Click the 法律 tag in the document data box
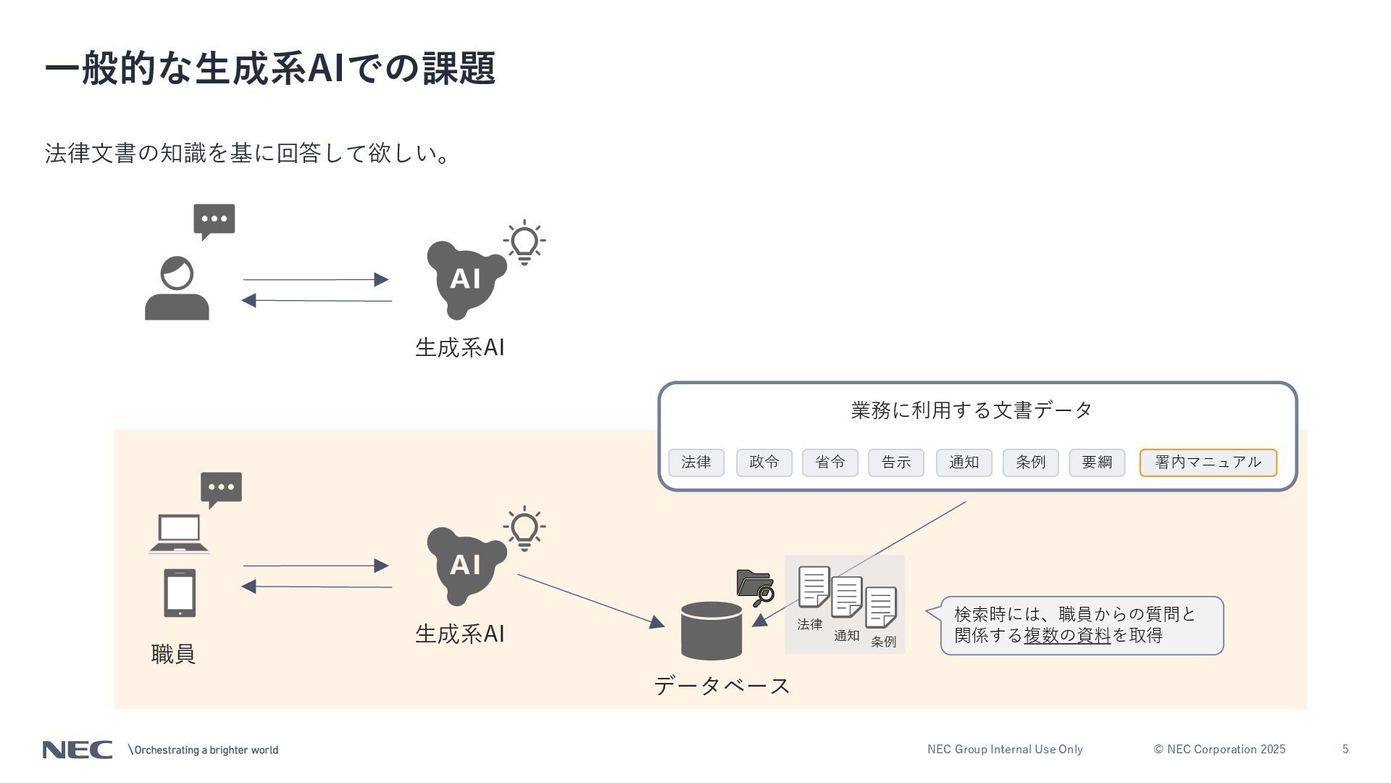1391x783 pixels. tap(696, 463)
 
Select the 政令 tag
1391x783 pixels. tap(764, 463)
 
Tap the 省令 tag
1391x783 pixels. tap(830, 463)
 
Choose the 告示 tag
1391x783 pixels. tap(896, 463)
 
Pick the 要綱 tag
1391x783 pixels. tap(1097, 463)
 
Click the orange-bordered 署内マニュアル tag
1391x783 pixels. tap(1208, 463)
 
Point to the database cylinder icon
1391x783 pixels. tap(711, 631)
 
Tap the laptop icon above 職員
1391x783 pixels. tap(179, 534)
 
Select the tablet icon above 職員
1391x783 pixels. tap(180, 593)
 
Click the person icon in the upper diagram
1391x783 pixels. tap(177, 289)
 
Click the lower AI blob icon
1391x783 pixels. tap(464, 565)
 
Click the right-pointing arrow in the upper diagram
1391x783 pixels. tap(316, 280)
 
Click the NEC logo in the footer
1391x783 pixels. tap(78, 750)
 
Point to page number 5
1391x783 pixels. tap(1345, 750)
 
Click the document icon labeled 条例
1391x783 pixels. tap(881, 608)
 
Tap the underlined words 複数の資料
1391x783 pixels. tap(1066, 636)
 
